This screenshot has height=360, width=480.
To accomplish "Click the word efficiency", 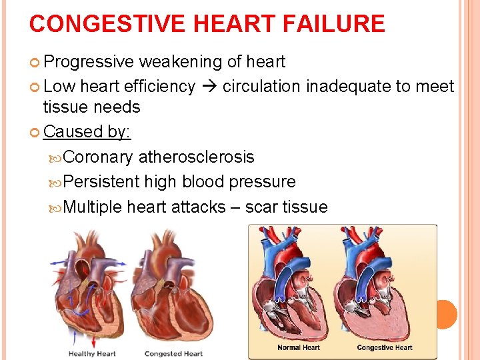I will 160,86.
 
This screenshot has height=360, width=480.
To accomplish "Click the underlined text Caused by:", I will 87,131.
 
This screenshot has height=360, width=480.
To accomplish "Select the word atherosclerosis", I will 197,157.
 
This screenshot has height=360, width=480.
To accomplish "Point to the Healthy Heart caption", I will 92,353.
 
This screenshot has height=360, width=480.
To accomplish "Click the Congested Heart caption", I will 173,353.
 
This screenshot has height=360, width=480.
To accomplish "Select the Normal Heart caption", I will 299,347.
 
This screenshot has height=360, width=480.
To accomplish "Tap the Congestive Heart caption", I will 385,347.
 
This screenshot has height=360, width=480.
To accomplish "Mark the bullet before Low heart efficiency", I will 35,87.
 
